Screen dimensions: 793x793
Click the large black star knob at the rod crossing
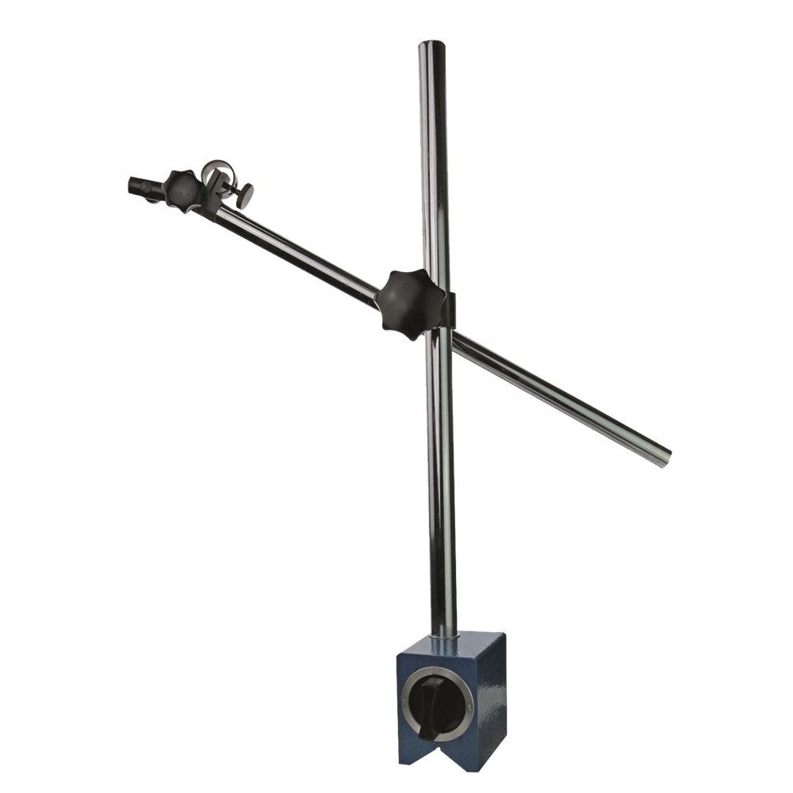click(x=409, y=303)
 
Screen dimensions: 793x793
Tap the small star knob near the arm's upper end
click(x=183, y=190)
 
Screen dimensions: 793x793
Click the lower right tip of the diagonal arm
click(x=665, y=458)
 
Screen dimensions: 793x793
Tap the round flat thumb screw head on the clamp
click(x=245, y=195)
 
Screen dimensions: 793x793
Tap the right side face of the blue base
click(x=492, y=698)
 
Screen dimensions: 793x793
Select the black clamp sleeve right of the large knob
click(x=449, y=309)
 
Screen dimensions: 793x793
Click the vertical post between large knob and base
click(x=442, y=476)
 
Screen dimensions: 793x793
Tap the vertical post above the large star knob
click(x=435, y=159)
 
